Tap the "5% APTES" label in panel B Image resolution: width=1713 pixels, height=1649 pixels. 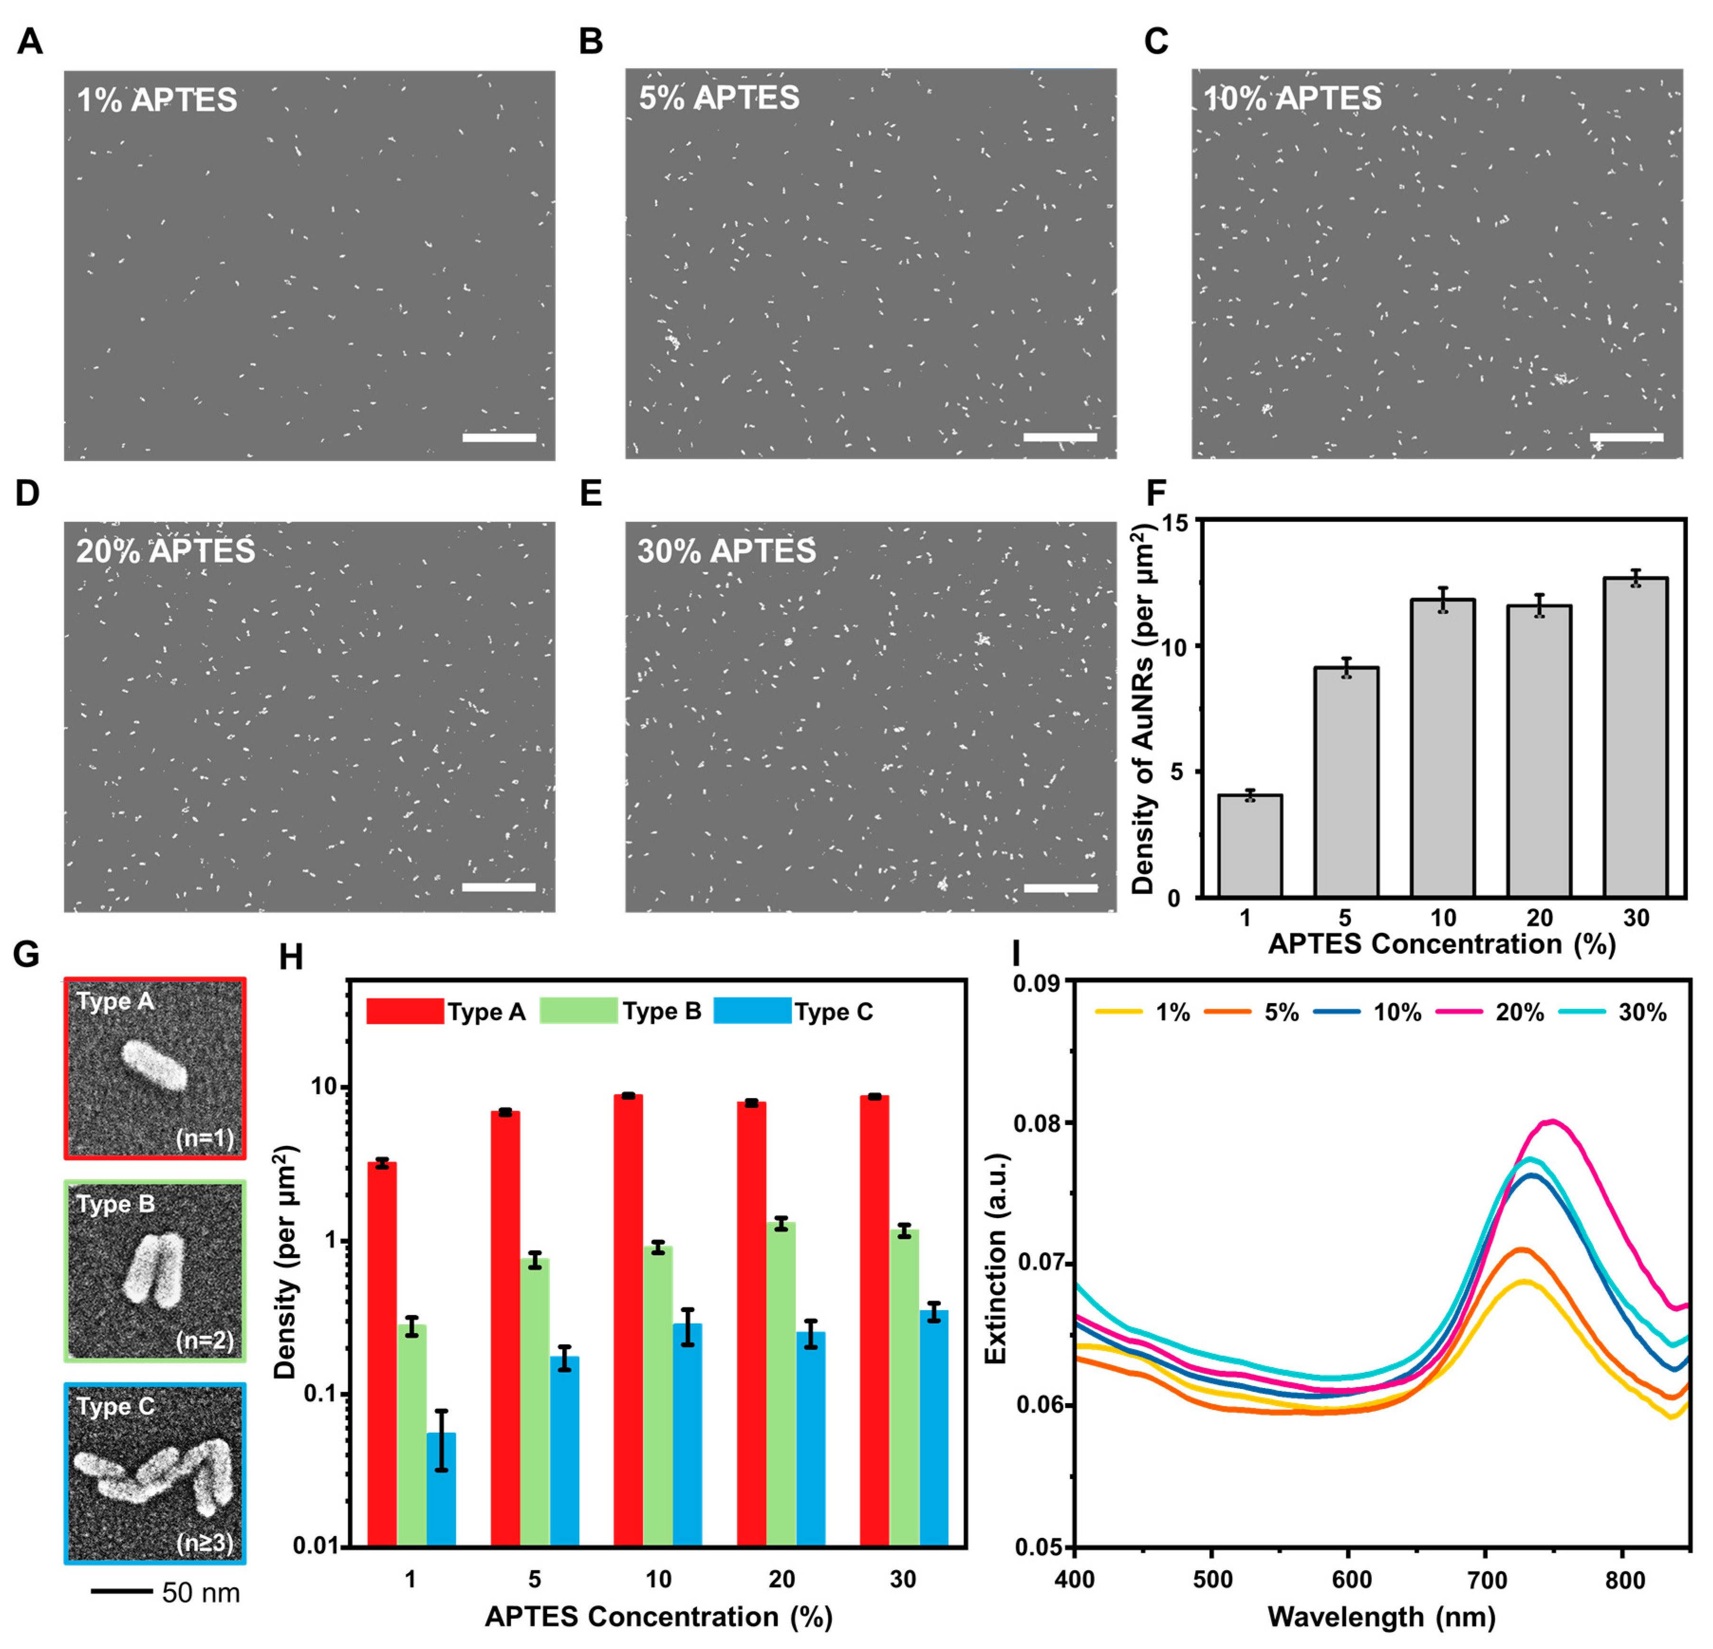click(718, 98)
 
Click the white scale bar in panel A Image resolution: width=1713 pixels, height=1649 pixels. click(499, 437)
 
